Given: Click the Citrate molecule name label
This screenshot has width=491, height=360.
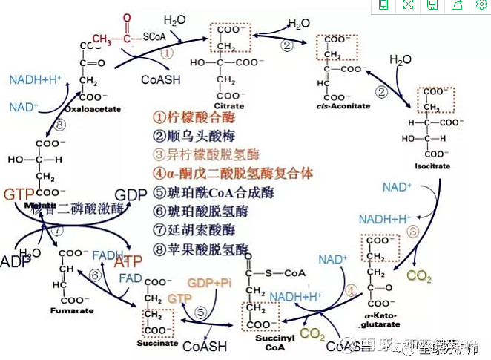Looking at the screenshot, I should point(229,106).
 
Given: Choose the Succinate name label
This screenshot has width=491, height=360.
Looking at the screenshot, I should point(157,343).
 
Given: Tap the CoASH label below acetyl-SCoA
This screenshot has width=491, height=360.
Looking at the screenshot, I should point(158,78).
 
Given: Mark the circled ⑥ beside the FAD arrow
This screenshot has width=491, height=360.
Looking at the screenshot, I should point(95,275).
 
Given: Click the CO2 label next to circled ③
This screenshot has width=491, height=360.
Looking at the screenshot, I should point(420,276).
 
